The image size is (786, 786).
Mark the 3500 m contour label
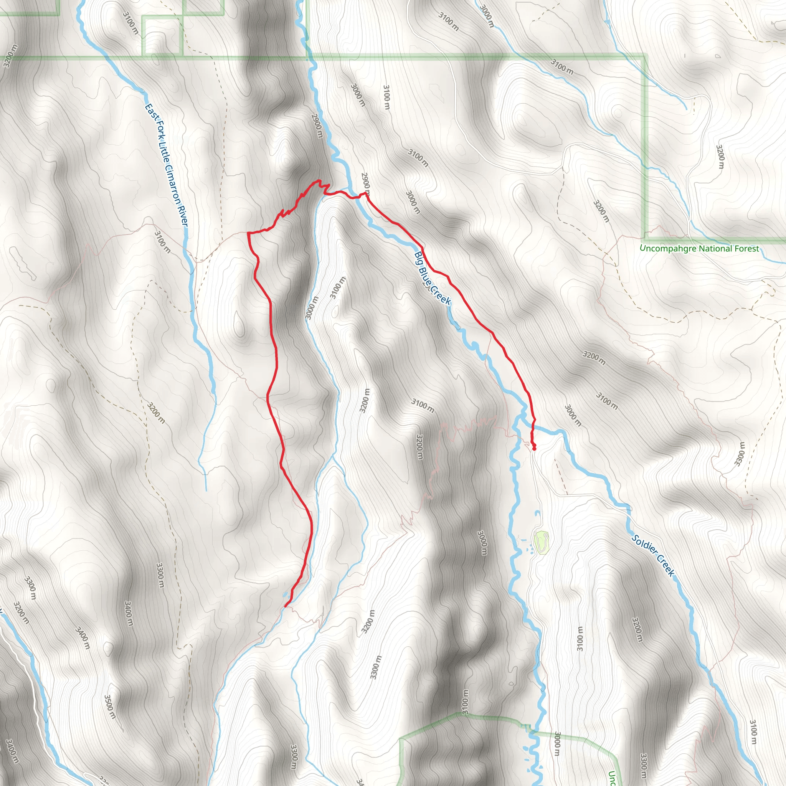coord(109,707)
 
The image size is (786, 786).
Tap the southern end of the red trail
coord(286,606)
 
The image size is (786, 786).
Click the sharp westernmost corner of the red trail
coord(248,233)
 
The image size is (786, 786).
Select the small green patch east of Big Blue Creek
coord(541,542)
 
